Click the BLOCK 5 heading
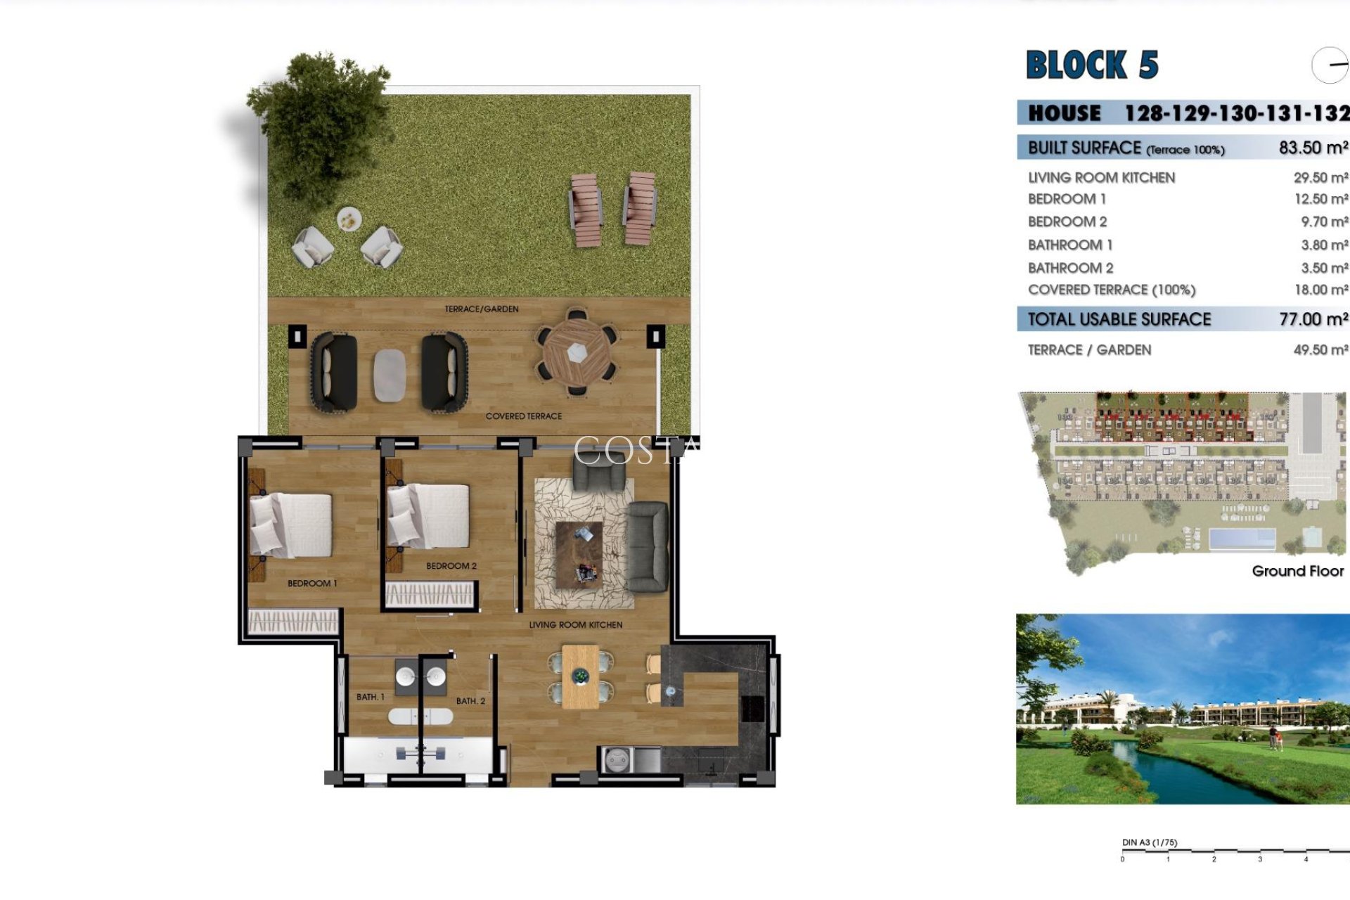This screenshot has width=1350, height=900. pos(1092,65)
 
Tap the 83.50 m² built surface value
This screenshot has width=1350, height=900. pos(1313,148)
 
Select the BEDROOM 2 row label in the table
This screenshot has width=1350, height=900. pos(1067,221)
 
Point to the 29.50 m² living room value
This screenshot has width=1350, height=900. pos(1320,178)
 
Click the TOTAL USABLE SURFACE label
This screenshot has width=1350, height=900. pos(1119,319)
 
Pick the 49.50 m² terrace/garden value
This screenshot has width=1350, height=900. pos(1320,349)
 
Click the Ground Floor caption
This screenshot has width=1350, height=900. pos(1297,571)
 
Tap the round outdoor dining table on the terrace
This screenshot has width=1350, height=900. pos(577,352)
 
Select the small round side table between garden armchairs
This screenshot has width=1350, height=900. pos(349,219)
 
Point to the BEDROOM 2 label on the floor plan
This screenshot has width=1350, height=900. pos(451,566)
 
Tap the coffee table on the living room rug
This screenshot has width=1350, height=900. pos(579,553)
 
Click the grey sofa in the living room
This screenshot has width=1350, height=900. pos(647,546)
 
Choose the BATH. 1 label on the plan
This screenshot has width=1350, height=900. pos(370,697)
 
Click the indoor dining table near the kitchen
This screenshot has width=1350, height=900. pos(580,677)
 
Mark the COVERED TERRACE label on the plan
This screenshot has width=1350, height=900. pos(524,416)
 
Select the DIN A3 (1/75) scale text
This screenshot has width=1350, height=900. pos(1149,842)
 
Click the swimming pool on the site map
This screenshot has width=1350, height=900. pos(1242,539)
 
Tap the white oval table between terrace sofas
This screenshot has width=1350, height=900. pos(390,375)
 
